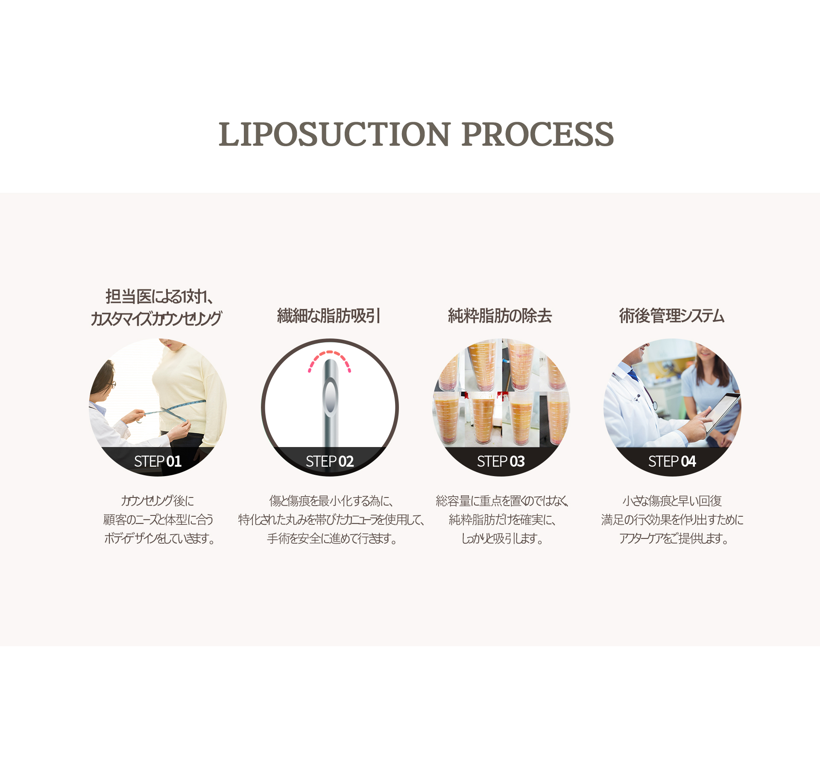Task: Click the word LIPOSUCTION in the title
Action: (334, 134)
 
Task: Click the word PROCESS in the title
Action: (538, 134)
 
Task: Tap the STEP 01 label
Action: (158, 461)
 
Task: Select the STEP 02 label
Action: (330, 461)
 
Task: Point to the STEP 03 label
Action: (501, 461)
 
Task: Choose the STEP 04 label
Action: (672, 461)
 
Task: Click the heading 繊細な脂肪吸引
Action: (329, 316)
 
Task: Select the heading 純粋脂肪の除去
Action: (500, 316)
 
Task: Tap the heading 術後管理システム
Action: (672, 316)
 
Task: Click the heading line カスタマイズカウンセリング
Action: (156, 318)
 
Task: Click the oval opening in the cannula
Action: (330, 398)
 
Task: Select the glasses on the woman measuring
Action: (112, 384)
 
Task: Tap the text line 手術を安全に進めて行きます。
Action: (332, 538)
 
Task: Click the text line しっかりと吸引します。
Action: (502, 538)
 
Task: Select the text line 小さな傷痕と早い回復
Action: (672, 500)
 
